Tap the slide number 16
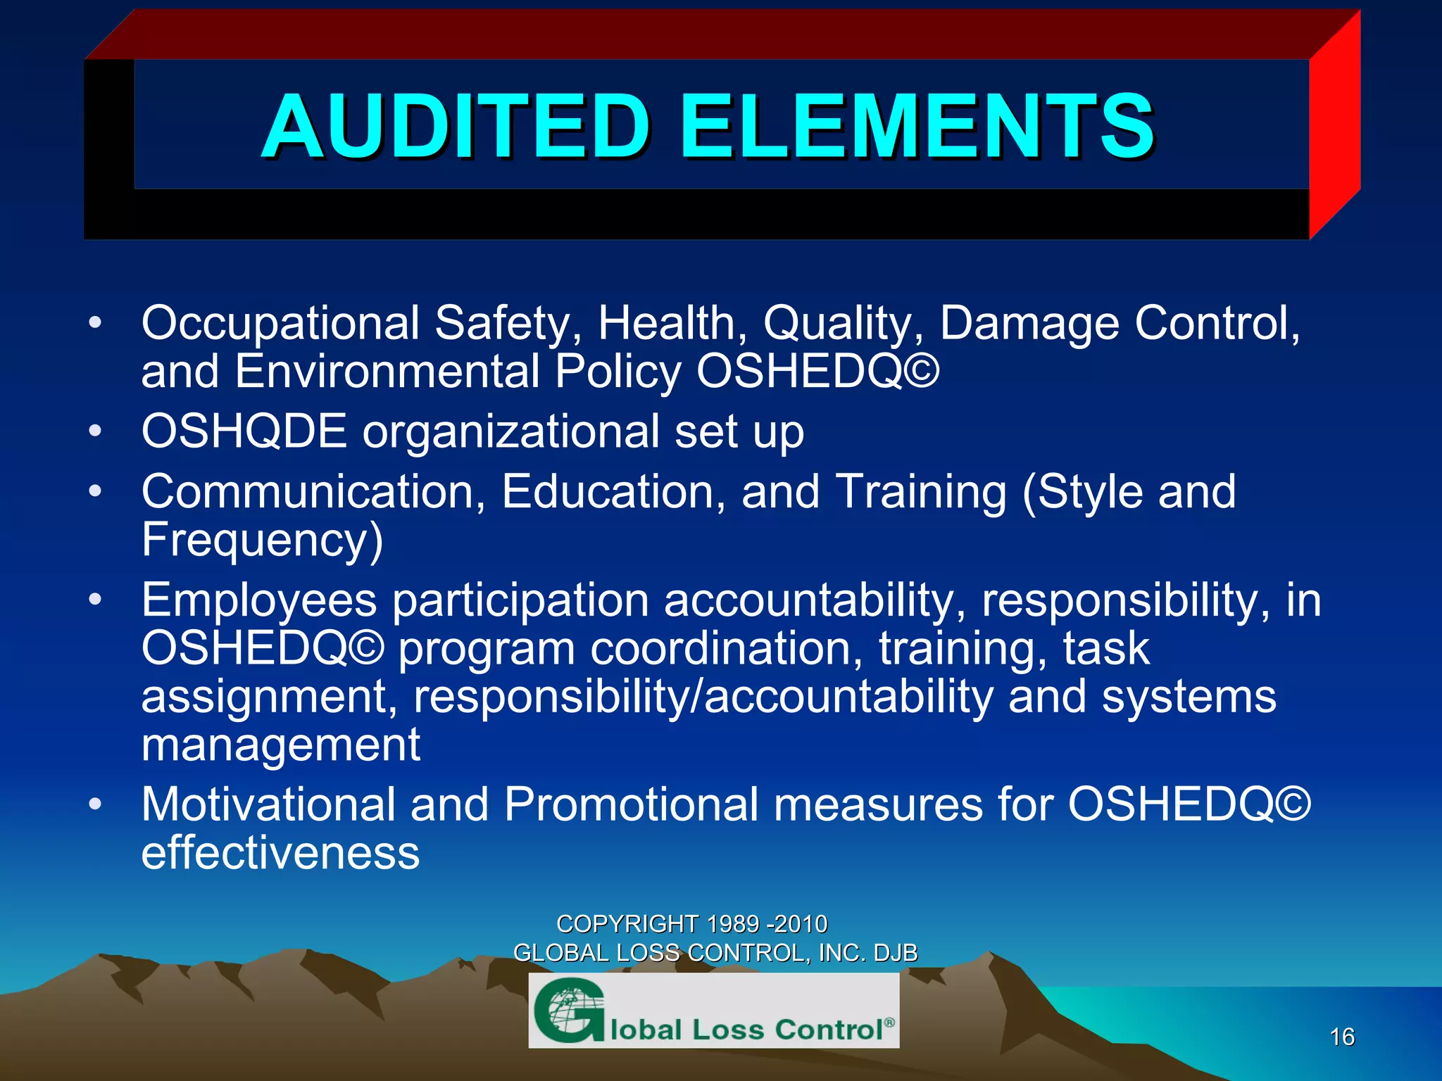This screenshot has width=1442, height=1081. pos(1342,1037)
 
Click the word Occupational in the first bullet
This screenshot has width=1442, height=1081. pos(280,324)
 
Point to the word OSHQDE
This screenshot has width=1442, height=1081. pos(244,431)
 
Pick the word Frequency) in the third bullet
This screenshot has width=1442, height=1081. pos(262,540)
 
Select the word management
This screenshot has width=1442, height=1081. pos(280,745)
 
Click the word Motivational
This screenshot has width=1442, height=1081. pos(268,804)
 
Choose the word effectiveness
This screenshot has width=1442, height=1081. pos(280,853)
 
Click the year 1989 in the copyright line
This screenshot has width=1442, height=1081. pos(733,923)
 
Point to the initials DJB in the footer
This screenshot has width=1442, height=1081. pos(896,953)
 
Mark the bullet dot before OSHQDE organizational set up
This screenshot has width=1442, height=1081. pos(96,431)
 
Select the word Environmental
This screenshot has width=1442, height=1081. pos(388,372)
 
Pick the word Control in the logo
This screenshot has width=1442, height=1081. pos(829,1030)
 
